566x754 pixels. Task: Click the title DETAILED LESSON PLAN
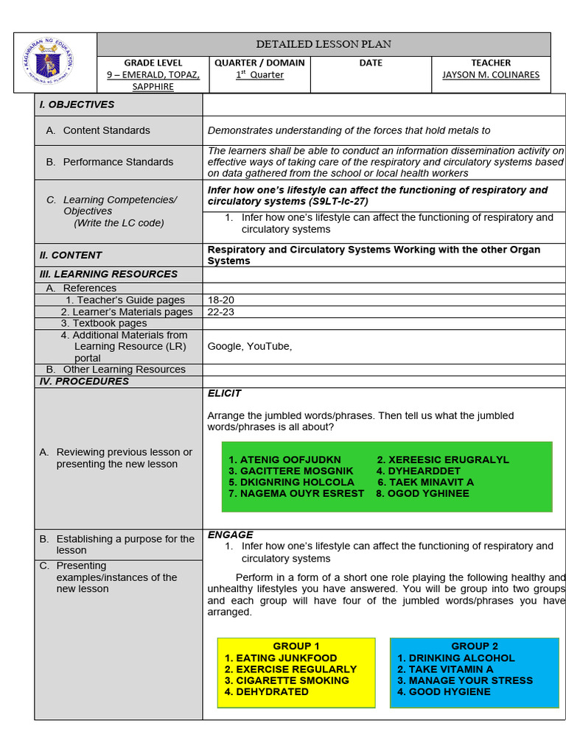coord(324,44)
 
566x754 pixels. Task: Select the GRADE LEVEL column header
coord(153,63)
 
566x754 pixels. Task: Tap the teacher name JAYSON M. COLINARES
coord(491,75)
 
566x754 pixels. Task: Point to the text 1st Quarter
coord(259,75)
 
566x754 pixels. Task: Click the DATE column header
coord(371,63)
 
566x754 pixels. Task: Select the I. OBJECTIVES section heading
coord(77,105)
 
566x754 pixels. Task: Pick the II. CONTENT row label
coord(71,255)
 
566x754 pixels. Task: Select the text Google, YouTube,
coord(250,346)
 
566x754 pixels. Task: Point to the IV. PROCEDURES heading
coord(84,381)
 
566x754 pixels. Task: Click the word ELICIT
coord(224,393)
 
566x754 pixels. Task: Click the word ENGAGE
coord(230,535)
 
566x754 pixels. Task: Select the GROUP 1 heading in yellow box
coord(296,646)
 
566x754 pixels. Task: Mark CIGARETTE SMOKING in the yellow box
coord(293,680)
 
